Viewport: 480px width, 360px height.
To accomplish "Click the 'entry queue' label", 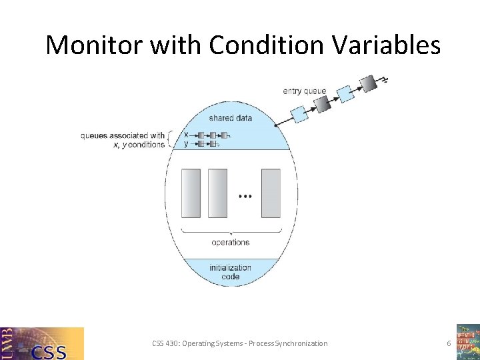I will pos(305,91).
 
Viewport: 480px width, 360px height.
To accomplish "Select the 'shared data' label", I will pos(231,118).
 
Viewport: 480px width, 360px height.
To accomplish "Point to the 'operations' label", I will pos(231,242).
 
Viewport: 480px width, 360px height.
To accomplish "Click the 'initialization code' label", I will pos(231,272).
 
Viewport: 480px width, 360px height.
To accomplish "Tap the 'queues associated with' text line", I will pos(123,135).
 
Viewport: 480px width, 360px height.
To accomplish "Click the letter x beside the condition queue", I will pos(186,135).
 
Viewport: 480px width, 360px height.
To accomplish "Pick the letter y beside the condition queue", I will pos(186,143).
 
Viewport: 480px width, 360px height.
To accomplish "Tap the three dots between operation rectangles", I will pos(245,197).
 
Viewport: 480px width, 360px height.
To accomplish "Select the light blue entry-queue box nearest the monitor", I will pos(301,115).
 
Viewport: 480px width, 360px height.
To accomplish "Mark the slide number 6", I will pos(449,343).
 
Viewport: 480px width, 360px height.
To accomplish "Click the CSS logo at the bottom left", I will pos(43,343).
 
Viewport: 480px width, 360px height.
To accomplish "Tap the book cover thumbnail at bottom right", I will pos(467,341).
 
